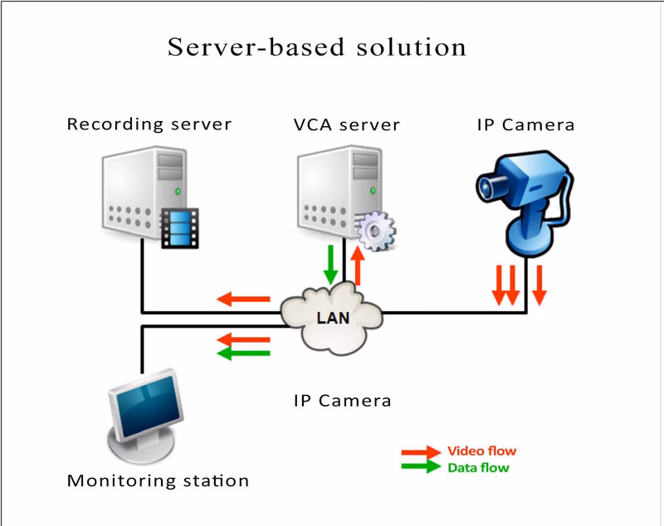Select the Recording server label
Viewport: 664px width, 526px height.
149,124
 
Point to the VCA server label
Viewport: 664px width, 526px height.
346,125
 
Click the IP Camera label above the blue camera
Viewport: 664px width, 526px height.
525,125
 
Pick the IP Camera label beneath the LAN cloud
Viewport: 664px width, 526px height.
342,400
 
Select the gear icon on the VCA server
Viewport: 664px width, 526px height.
377,231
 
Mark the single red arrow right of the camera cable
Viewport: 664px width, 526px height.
539,285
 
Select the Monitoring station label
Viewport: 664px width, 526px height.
158,480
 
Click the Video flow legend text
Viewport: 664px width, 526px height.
481,451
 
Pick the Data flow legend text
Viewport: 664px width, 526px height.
478,468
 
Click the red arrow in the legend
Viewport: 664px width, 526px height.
420,452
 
